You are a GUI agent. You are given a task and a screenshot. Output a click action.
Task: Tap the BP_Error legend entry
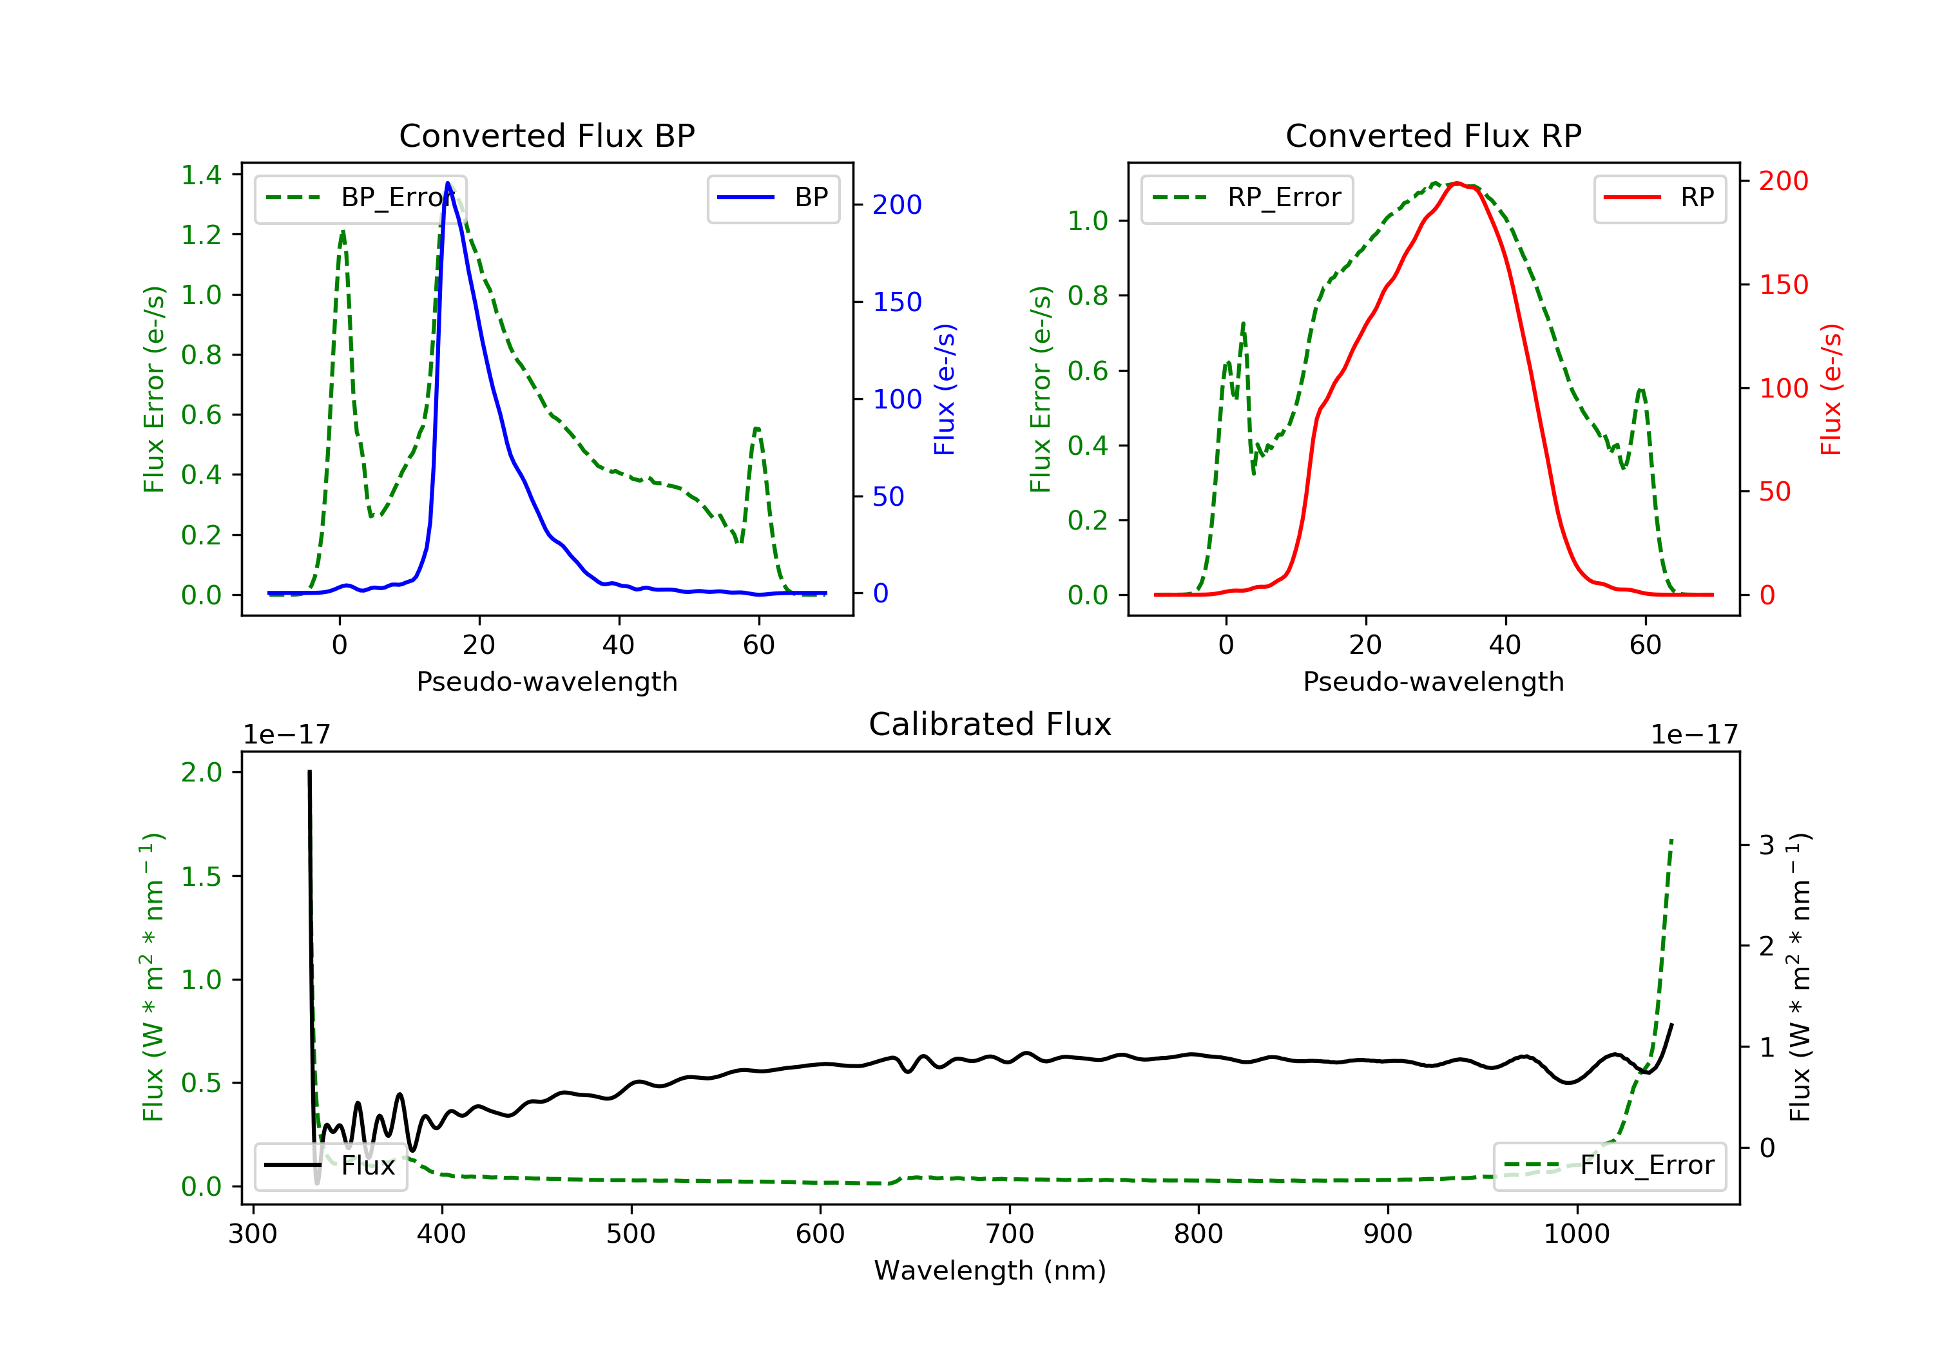point(360,198)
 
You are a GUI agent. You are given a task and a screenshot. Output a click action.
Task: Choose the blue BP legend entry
point(773,198)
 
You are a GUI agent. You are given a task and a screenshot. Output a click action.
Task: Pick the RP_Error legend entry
point(1247,198)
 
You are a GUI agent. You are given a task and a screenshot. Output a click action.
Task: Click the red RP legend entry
point(1659,198)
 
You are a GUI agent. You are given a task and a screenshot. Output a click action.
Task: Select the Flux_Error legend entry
point(1609,1166)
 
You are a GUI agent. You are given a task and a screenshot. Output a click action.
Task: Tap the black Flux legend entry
point(331,1166)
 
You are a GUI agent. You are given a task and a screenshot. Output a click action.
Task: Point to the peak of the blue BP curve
point(448,183)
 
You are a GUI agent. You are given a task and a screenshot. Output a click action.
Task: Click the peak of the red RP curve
point(1456,183)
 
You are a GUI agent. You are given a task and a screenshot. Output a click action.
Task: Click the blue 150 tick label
point(897,302)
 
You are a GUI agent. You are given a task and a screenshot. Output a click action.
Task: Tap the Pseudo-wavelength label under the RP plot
point(1433,681)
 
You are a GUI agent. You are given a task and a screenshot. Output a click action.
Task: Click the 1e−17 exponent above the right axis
point(1694,735)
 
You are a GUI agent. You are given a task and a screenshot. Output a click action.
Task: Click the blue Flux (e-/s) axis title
point(945,389)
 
